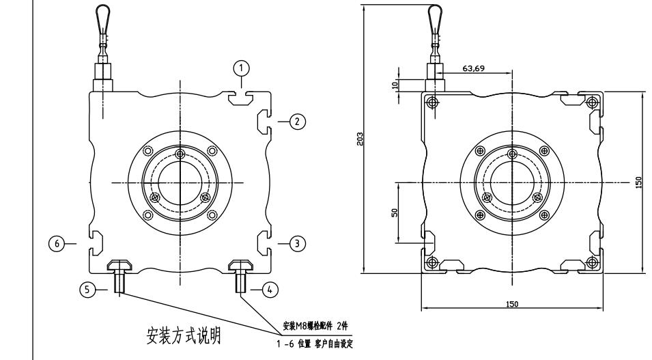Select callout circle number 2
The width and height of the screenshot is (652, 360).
(x=296, y=122)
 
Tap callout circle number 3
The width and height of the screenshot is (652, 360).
(x=296, y=242)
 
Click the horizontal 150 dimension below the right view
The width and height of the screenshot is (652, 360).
(x=512, y=304)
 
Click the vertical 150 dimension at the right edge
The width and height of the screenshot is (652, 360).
(x=638, y=182)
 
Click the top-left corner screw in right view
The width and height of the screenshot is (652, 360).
(x=431, y=102)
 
